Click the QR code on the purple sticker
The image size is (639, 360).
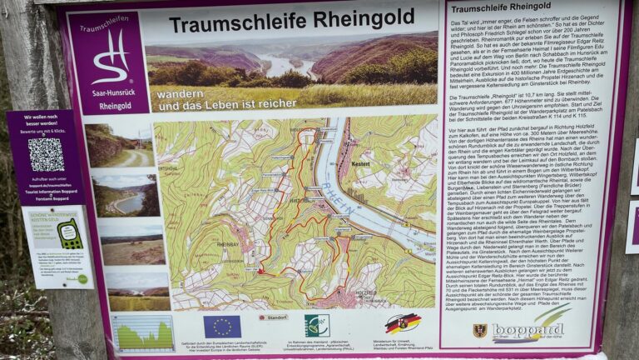click(x=46, y=154)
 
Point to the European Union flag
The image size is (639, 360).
click(x=222, y=326)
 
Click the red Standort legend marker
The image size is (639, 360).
click(x=274, y=317)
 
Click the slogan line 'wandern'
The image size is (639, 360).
click(x=180, y=93)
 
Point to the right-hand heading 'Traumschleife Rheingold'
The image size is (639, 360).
click(x=505, y=8)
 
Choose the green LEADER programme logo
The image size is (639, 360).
click(x=316, y=325)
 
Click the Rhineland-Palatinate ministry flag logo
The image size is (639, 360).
click(x=402, y=323)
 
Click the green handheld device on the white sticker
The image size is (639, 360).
click(x=69, y=233)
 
